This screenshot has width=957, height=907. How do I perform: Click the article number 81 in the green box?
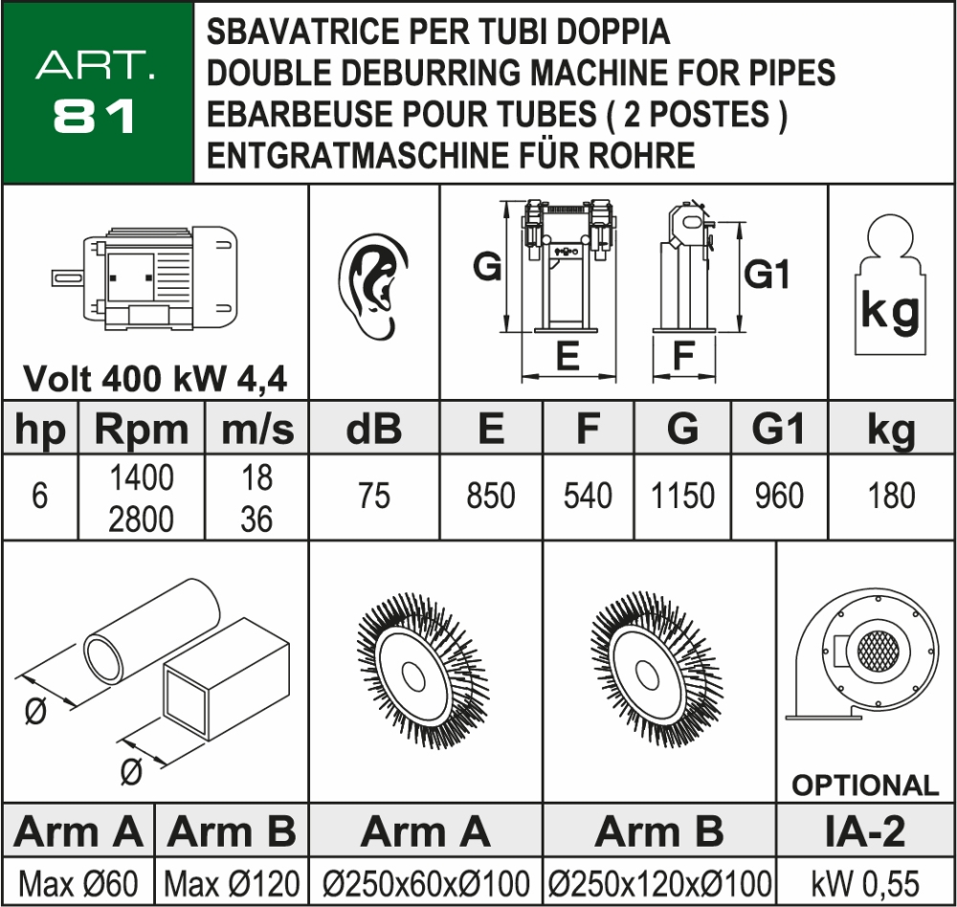coord(95,116)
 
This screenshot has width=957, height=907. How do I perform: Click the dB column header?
coord(373,431)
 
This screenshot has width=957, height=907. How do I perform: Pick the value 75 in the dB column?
coord(373,497)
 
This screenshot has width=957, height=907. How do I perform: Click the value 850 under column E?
coord(491,497)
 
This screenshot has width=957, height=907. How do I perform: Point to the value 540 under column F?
coord(588,497)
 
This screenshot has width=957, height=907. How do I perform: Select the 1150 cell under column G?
coord(682,497)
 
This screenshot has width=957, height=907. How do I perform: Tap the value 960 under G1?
coord(778,497)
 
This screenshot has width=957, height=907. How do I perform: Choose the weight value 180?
coord(890,497)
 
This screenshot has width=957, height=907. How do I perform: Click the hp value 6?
coord(39,498)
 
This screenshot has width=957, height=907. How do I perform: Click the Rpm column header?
coord(142,431)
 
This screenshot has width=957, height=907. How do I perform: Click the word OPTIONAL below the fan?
coord(865,785)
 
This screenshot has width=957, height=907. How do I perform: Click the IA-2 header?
coord(865,832)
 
